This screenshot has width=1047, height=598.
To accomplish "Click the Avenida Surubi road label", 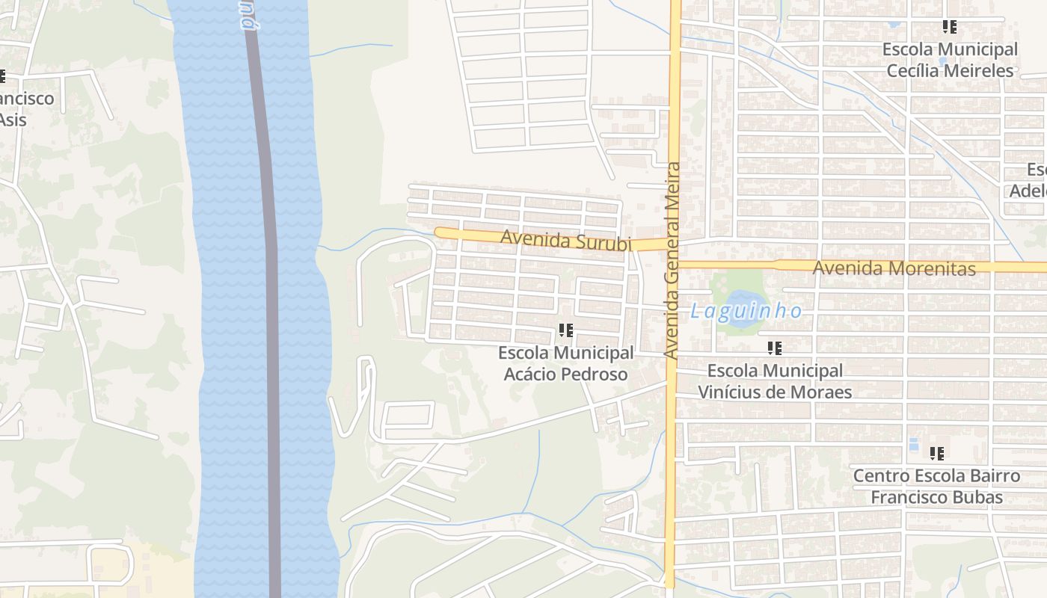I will pyautogui.click(x=566, y=241).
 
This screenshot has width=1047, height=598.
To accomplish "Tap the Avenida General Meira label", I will pyautogui.click(x=672, y=261).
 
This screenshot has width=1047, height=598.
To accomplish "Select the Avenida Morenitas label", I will pyautogui.click(x=894, y=268).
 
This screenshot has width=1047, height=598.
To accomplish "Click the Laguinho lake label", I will pyautogui.click(x=746, y=311).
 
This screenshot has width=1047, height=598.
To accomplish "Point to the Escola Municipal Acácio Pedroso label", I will pyautogui.click(x=566, y=363).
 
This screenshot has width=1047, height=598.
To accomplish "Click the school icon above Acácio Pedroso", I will pyautogui.click(x=566, y=330).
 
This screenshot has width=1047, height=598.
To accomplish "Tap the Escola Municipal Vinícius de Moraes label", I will pyautogui.click(x=775, y=381).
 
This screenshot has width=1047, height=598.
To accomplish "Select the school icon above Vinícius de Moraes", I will pyautogui.click(x=775, y=348).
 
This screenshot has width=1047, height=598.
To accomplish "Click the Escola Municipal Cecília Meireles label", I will pyautogui.click(x=950, y=60).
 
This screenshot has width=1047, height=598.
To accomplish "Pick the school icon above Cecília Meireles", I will pyautogui.click(x=950, y=27).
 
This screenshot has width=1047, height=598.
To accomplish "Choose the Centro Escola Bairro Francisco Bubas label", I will pyautogui.click(x=936, y=487).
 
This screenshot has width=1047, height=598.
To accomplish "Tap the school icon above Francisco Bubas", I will pyautogui.click(x=937, y=453).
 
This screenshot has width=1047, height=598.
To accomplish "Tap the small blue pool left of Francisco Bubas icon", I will pyautogui.click(x=913, y=445).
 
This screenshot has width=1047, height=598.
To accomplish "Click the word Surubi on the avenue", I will pyautogui.click(x=604, y=243).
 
